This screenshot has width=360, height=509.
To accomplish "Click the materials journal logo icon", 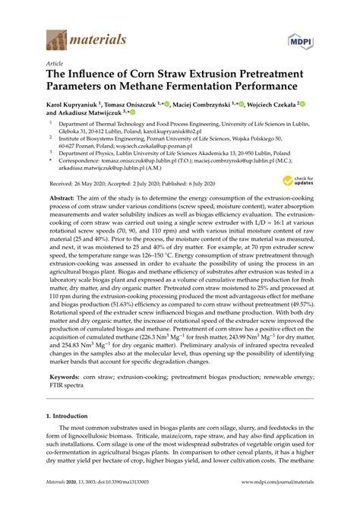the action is pos(57,37).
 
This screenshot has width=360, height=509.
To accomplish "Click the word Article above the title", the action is pos(55,63).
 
